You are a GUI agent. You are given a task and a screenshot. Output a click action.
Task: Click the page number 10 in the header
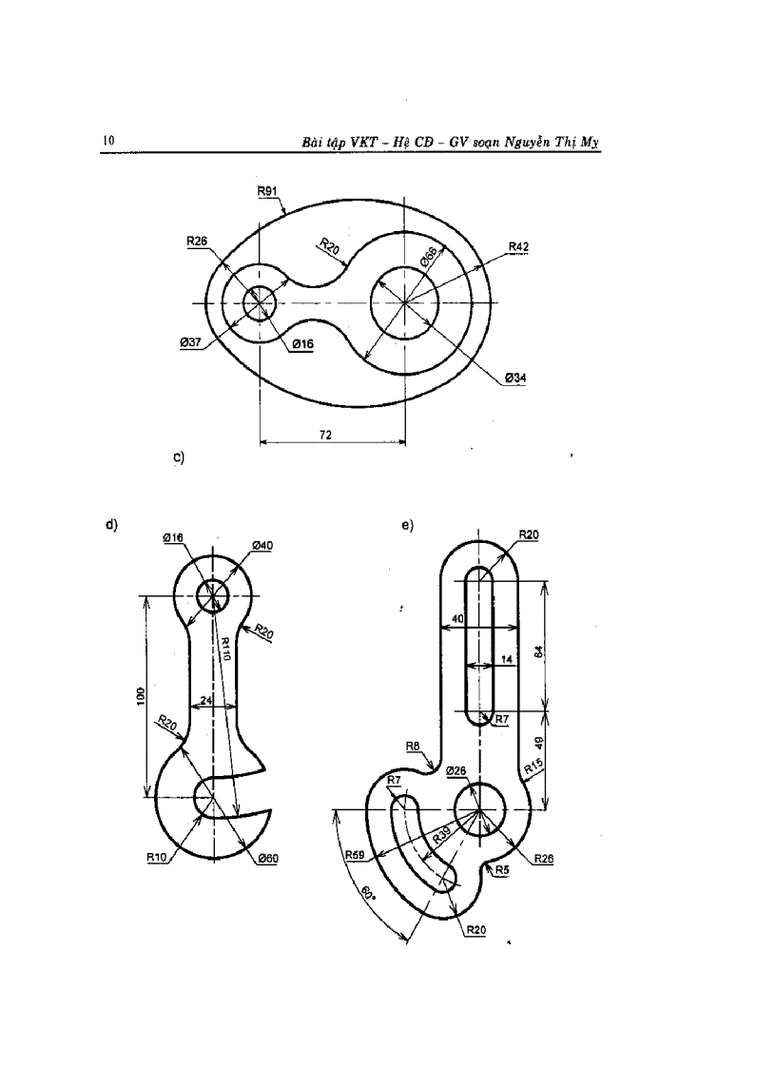click(x=107, y=141)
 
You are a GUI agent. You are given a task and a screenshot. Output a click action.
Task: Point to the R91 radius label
click(x=266, y=191)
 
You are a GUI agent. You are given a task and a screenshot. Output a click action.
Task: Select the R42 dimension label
click(x=518, y=247)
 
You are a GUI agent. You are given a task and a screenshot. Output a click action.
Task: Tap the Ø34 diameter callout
click(x=516, y=378)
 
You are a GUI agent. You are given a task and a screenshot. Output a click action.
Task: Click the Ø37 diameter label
click(x=190, y=342)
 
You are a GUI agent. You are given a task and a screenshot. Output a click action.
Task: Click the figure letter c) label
click(x=178, y=457)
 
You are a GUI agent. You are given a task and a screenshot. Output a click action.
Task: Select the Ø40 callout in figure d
click(x=262, y=545)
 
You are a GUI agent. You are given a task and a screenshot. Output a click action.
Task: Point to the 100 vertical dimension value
click(x=140, y=695)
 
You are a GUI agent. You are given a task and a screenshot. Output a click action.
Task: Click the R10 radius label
click(x=157, y=857)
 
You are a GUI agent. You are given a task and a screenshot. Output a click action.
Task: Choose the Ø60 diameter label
click(x=266, y=858)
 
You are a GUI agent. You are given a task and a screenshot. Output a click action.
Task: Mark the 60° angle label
click(x=365, y=895)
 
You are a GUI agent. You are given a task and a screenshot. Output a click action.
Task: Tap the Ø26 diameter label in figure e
click(x=456, y=770)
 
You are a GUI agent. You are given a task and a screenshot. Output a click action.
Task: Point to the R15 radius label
click(x=533, y=766)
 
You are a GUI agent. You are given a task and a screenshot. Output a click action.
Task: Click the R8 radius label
click(x=413, y=747)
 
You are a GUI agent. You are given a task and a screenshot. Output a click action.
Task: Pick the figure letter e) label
click(x=407, y=524)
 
